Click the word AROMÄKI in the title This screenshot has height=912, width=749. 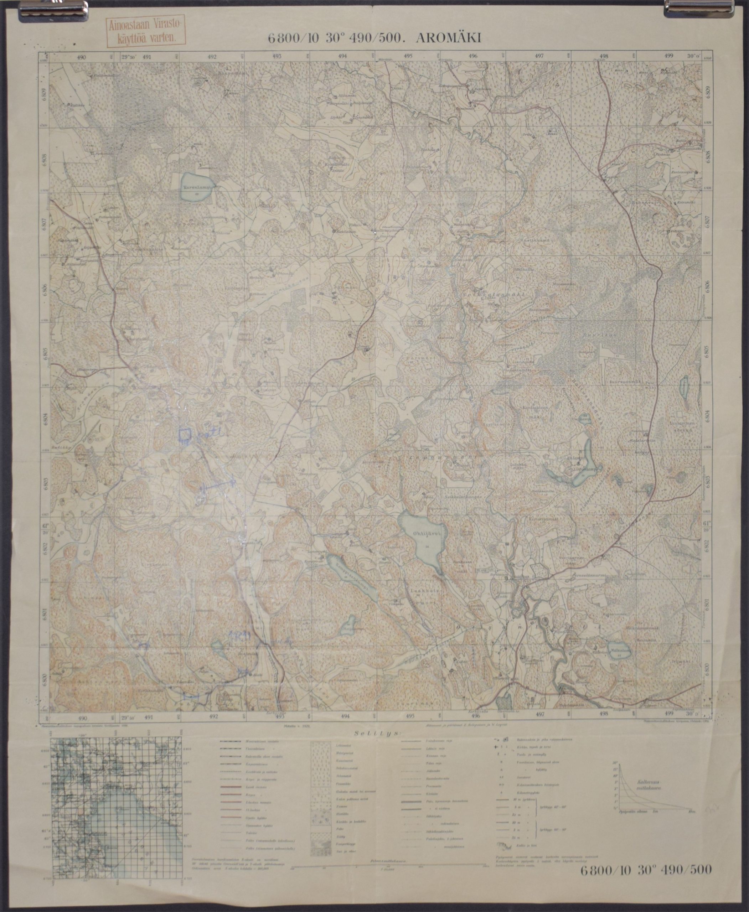(448, 38)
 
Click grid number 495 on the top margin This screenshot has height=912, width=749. (408, 56)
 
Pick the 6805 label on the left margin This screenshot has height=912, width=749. (45, 354)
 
